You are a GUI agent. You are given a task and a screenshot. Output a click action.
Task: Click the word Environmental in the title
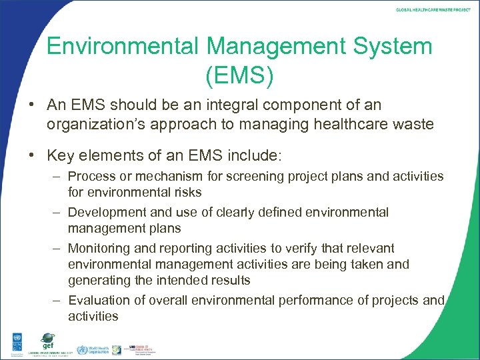click(x=121, y=47)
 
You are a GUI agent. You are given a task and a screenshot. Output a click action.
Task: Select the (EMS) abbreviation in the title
click(x=239, y=75)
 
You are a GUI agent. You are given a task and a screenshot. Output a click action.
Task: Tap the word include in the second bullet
click(x=254, y=156)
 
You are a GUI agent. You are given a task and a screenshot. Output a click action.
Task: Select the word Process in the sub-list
click(x=92, y=176)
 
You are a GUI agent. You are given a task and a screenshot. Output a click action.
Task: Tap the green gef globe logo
click(x=47, y=340)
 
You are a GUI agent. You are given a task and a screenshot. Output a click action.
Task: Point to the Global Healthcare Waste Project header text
click(x=433, y=10)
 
